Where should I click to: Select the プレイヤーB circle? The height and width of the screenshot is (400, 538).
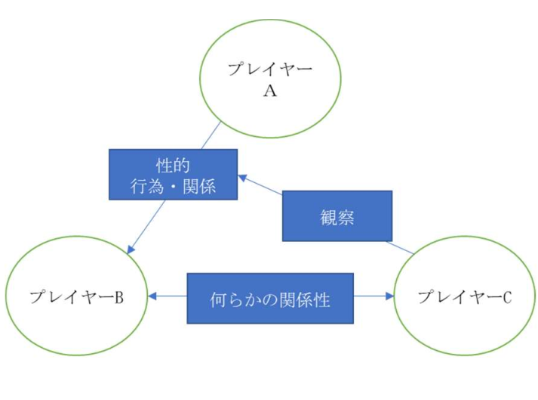[75, 297]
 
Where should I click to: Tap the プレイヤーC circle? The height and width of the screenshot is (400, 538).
[465, 297]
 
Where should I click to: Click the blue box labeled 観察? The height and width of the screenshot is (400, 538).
[337, 216]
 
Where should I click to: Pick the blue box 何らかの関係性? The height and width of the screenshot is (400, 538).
[270, 297]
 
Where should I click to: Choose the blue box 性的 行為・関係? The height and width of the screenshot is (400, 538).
[173, 174]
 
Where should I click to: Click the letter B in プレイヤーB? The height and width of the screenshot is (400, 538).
[118, 297]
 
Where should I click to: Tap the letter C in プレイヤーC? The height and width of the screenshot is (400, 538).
[506, 297]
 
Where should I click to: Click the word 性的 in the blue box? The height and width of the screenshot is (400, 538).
[173, 164]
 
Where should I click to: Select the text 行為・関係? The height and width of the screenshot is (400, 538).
[173, 185]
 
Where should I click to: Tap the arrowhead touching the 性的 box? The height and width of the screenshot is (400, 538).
[242, 178]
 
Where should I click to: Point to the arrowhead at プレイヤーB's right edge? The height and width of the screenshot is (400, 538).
[152, 297]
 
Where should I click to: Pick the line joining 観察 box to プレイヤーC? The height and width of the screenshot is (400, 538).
[400, 247]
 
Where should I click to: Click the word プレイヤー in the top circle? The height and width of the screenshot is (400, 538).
[269, 70]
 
